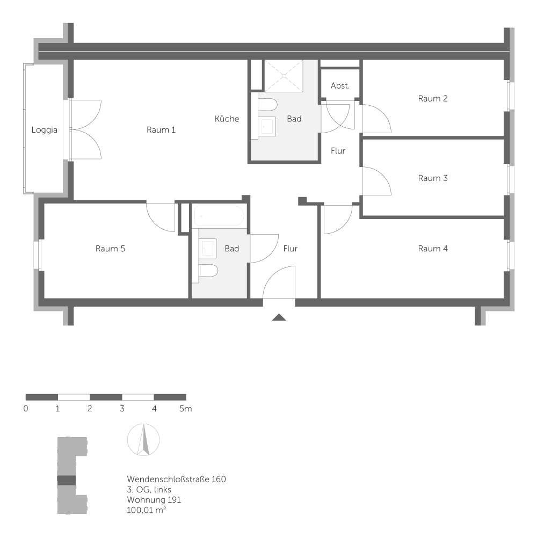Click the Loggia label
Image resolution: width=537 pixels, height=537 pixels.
44,130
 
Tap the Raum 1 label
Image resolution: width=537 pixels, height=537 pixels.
161,130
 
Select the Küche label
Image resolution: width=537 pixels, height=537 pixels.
227,119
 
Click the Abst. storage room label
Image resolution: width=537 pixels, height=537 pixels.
340,86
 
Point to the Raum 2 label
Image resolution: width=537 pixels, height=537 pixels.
433,98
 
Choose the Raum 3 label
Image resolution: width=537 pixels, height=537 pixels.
433,178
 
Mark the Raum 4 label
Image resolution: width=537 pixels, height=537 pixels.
433,249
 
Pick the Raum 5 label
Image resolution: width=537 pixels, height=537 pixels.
110,249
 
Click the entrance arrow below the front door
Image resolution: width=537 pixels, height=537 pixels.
279,317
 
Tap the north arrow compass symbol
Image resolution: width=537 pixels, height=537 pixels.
143,440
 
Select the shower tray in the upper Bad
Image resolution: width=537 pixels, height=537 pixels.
283,76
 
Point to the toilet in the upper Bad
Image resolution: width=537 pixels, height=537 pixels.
267,103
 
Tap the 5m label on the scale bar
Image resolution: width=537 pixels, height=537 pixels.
185,409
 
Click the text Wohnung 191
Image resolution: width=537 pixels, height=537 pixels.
154,499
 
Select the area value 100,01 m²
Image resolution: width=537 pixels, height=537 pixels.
146,510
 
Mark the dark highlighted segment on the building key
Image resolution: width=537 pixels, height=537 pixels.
67,480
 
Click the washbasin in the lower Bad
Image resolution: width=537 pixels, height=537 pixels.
207,248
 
